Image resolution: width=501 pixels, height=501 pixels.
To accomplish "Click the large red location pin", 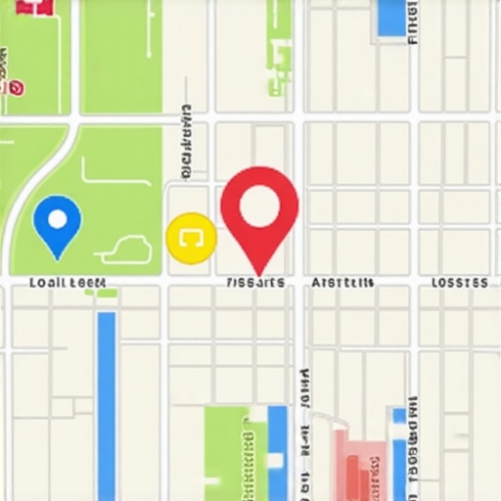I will [x=259, y=210].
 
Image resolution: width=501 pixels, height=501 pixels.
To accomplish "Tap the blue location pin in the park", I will [x=57, y=223].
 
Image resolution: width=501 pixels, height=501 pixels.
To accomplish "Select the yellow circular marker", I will [x=191, y=238].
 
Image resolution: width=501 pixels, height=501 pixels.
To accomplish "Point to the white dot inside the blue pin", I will [x=57, y=218].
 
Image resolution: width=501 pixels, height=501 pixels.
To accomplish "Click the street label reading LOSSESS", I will [x=459, y=283].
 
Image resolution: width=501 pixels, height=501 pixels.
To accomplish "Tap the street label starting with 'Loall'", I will [x=67, y=283].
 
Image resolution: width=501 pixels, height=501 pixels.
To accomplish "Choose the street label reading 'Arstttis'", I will [x=342, y=283].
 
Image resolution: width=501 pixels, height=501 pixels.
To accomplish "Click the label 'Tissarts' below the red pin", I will [x=254, y=283].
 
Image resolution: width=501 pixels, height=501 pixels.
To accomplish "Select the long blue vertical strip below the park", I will [x=107, y=401].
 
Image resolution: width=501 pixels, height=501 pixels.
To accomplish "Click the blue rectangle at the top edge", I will [x=390, y=17].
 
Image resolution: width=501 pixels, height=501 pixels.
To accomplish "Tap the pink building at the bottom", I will [x=361, y=465].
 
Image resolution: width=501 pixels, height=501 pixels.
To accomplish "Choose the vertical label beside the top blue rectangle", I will [x=413, y=24].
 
